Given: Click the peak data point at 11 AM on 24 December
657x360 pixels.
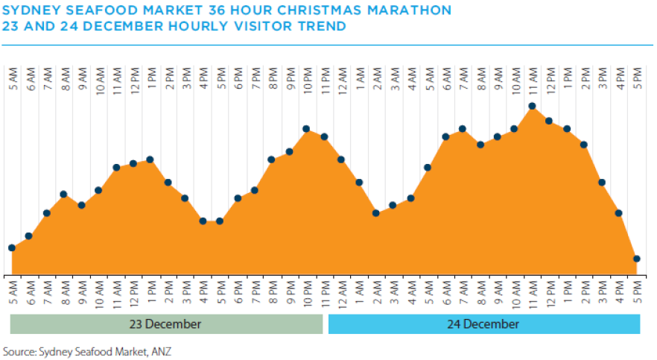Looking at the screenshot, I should coord(532,106).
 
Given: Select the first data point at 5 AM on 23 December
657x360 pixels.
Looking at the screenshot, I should coord(12,247).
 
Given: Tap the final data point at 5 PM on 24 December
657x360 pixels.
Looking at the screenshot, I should coord(637,259).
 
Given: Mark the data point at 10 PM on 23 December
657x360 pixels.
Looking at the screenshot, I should coord(306,129).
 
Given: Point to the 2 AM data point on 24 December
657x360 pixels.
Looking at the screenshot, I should coord(376,213).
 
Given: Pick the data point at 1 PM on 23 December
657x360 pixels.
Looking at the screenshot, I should coord(150,160).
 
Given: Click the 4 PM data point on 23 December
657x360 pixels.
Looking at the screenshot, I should coord(203,221).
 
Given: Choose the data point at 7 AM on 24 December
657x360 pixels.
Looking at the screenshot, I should coord(463,129).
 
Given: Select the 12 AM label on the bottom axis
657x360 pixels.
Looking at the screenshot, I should coord(342,293).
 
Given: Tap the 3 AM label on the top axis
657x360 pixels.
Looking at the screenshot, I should coord(393,80).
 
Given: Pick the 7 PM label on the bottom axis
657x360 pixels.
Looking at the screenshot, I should coord(255,293).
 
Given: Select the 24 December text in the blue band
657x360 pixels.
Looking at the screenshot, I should coord(484,324).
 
